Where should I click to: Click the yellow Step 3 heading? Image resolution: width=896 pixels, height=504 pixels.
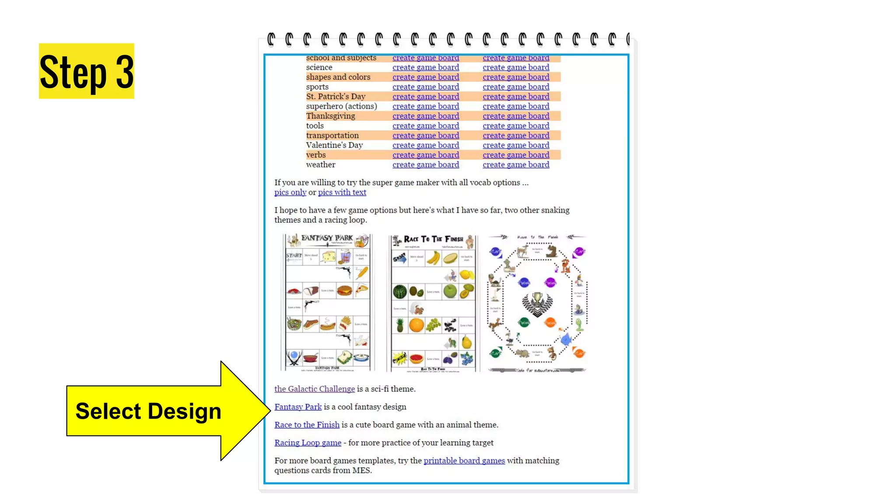point(86,71)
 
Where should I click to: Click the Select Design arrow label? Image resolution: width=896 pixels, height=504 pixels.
point(148,411)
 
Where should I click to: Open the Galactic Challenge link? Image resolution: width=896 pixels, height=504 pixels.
point(315,389)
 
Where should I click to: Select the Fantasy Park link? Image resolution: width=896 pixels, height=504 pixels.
point(298,407)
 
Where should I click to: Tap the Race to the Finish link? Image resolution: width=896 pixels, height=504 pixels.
point(307,425)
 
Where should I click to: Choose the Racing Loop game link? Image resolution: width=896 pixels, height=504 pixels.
point(308,443)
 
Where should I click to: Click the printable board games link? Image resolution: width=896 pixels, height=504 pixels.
point(464,461)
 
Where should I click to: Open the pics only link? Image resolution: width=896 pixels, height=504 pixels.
point(290,192)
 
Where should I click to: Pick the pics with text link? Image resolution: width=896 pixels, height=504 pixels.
point(342,192)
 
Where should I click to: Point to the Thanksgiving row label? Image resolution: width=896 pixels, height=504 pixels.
point(330,116)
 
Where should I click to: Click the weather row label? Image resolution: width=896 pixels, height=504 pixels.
point(321,165)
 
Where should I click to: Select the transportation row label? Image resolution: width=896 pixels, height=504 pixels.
point(332,136)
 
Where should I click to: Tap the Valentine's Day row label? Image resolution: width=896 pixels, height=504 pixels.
point(334,145)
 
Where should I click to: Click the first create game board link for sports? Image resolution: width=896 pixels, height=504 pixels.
point(426,87)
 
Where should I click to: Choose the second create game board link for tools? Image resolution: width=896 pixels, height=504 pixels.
point(516,126)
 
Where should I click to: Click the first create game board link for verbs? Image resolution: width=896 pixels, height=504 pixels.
point(426,155)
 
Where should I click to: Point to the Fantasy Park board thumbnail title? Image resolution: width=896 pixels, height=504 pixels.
point(327,238)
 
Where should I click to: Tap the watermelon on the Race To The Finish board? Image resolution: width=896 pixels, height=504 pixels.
point(399,291)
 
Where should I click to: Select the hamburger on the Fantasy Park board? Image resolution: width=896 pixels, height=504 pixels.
point(344,290)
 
